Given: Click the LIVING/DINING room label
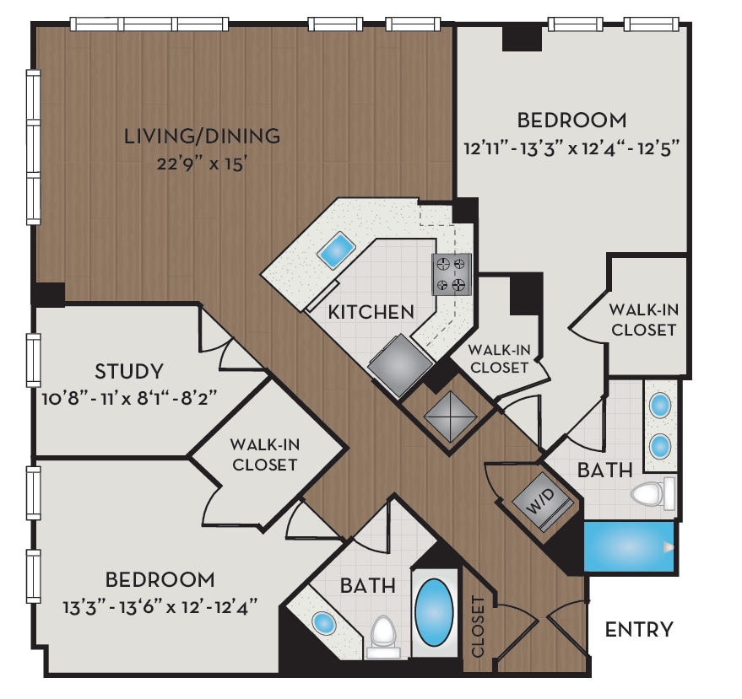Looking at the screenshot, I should (x=202, y=135).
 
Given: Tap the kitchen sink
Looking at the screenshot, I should (x=336, y=250).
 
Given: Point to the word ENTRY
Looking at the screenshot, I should (x=639, y=629).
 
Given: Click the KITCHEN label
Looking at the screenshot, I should (x=371, y=312).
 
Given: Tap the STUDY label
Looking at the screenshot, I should (x=129, y=371).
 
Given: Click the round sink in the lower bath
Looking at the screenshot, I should (x=324, y=624).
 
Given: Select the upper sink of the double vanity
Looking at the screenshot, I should (x=660, y=406).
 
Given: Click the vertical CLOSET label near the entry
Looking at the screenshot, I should (x=478, y=626).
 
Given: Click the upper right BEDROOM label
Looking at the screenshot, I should (x=572, y=120).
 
